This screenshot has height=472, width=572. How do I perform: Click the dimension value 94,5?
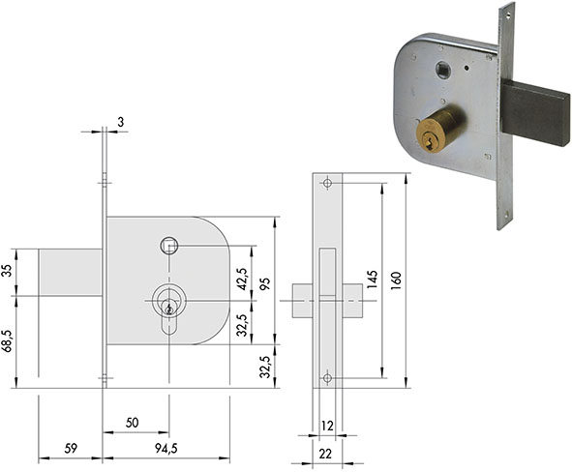(166, 449)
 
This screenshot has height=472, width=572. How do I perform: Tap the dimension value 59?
(71, 449)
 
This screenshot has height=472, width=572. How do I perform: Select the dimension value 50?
(132, 423)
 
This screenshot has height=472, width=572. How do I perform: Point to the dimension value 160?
(396, 280)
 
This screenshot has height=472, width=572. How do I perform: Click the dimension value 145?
(372, 280)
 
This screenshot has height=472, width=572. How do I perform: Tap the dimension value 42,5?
(242, 279)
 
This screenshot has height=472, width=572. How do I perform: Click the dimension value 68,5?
(8, 340)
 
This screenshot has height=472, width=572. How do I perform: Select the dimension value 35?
(8, 271)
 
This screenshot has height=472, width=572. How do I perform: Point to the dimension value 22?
(325, 454)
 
